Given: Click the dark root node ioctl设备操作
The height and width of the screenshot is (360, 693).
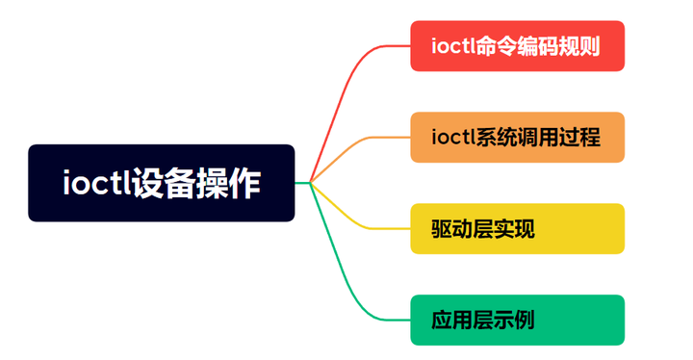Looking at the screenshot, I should pyautogui.click(x=161, y=183).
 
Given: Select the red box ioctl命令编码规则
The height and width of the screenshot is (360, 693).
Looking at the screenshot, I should pyautogui.click(x=517, y=46).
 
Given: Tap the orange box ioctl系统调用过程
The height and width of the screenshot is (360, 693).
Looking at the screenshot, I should pyautogui.click(x=517, y=138).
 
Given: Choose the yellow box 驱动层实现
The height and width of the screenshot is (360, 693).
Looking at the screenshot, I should pyautogui.click(x=517, y=229).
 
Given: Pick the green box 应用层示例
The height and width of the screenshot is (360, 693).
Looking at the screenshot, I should pyautogui.click(x=517, y=321).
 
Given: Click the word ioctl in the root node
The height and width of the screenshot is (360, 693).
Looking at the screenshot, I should pyautogui.click(x=95, y=183).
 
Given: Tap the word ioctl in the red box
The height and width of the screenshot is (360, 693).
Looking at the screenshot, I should pyautogui.click(x=455, y=46).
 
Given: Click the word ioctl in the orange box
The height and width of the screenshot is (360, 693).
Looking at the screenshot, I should pyautogui.click(x=455, y=138).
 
